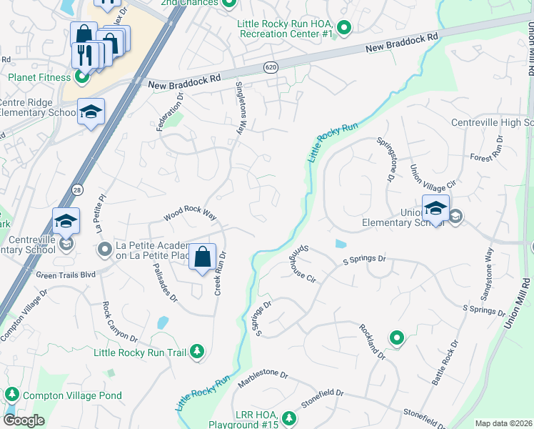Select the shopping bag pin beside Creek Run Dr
pyautogui.click(x=203, y=257)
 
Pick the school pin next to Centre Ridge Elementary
pyautogui.click(x=91, y=112)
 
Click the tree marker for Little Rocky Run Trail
pyautogui.click(x=198, y=352)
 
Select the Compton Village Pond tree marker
pyautogui.click(x=11, y=395)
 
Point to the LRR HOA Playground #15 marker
pyautogui.click(x=289, y=418)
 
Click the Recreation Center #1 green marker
pyautogui.click(x=344, y=29)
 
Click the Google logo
pyautogui.click(x=24, y=420)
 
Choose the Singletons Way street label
pyautogui.click(x=241, y=108)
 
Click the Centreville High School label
pyautogui.click(x=492, y=123)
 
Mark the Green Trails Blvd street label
pyautogui.click(x=66, y=273)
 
